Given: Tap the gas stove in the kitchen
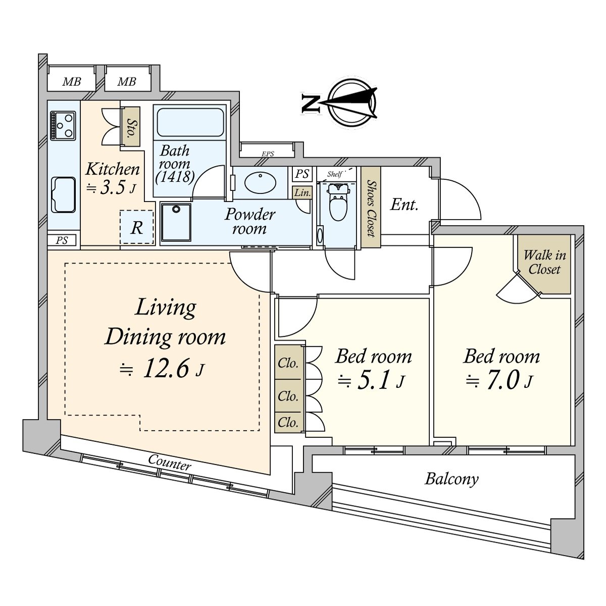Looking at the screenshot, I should [63, 125].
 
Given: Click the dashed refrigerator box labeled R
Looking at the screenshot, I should [136, 227].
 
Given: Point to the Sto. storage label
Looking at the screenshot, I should [132, 126].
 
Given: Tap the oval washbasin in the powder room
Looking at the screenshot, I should [261, 182].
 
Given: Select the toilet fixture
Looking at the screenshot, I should [337, 202].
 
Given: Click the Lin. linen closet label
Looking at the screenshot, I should [302, 192].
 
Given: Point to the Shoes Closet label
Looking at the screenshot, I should [371, 208].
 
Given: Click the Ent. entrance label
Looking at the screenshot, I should [404, 205].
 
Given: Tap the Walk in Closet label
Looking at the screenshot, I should [544, 262].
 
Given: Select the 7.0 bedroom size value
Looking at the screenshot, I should [502, 381].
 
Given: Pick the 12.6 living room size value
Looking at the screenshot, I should [166, 369].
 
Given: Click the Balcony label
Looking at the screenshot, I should [451, 479].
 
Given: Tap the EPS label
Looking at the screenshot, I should [268, 154].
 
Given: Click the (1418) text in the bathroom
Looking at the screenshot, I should [175, 177].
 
